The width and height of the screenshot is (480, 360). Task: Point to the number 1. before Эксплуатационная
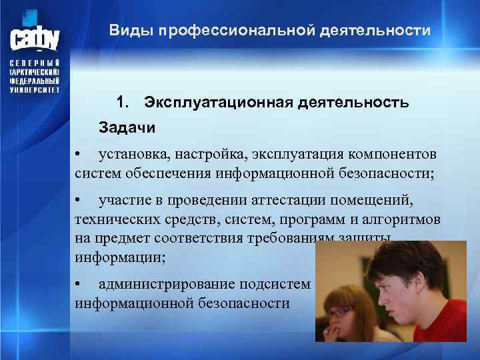tap(123, 103)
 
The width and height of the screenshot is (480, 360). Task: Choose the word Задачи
tap(127, 127)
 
